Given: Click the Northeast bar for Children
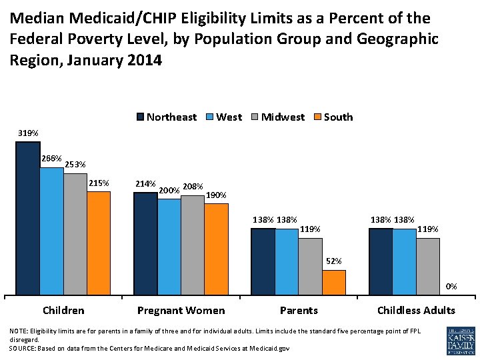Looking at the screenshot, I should (x=28, y=218).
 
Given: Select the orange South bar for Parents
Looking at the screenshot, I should (x=334, y=282).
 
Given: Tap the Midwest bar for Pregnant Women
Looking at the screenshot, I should (x=193, y=245).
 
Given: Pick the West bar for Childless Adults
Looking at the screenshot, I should (x=404, y=261).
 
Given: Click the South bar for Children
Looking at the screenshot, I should (x=99, y=243).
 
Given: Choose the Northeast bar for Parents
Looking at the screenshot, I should (x=263, y=261).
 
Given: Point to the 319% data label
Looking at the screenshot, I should (x=28, y=134).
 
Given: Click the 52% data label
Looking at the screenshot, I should (x=334, y=261).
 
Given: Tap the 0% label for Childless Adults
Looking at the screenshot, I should (x=451, y=287).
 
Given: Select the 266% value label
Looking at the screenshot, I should (x=51, y=159).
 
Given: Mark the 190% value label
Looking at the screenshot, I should (x=217, y=195).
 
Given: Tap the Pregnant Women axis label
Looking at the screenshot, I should (x=181, y=310).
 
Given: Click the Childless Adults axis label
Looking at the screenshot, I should (x=416, y=310).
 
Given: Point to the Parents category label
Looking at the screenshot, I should (x=299, y=310).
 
